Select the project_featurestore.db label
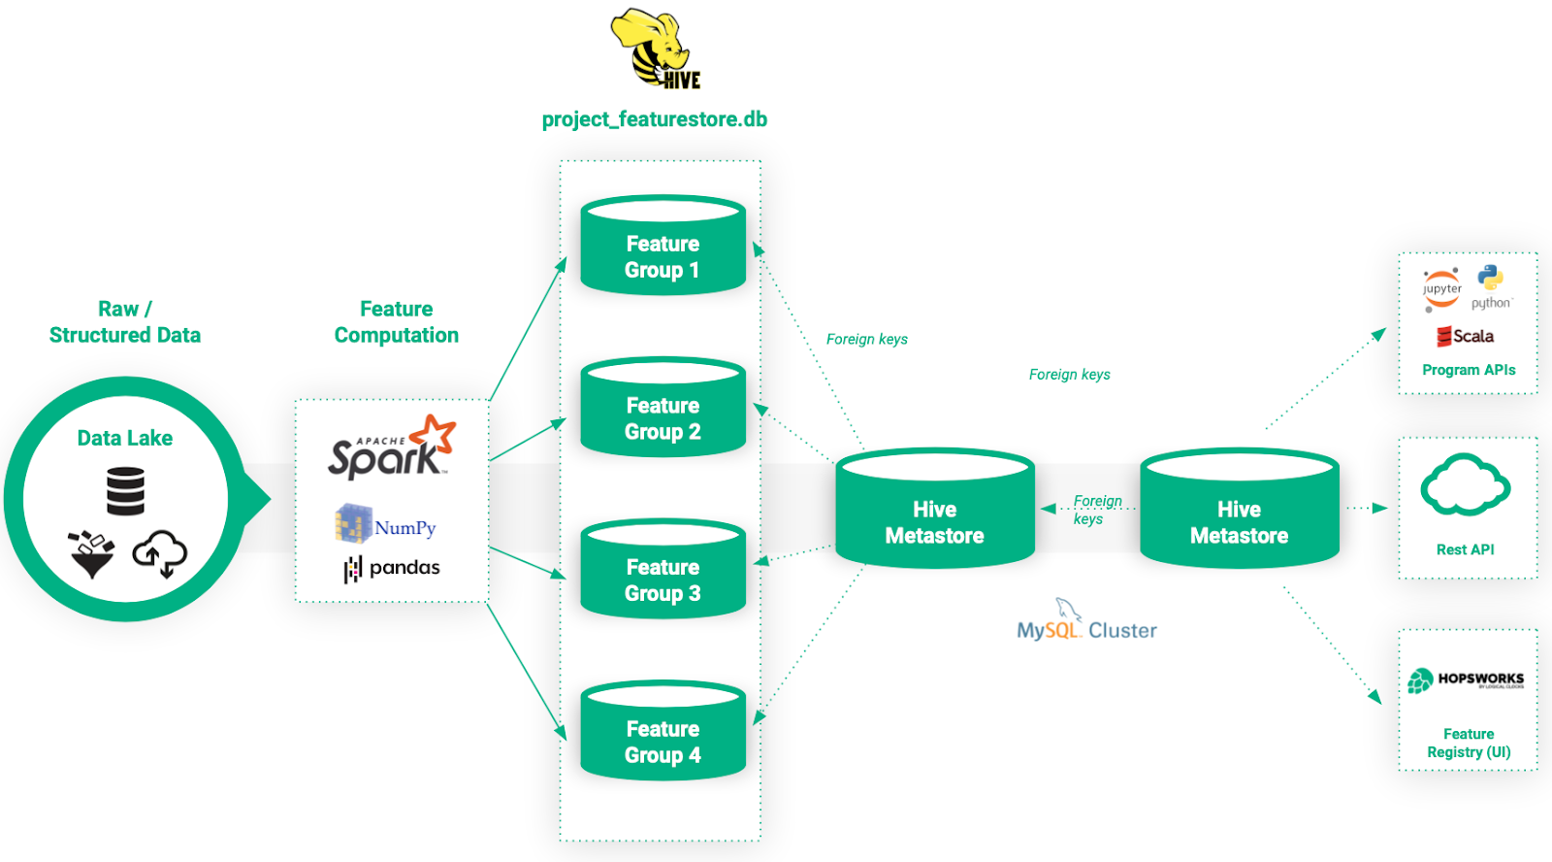655,119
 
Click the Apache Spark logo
392,448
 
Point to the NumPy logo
386,525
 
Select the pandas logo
392,568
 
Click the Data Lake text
125,438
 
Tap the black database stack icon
125,490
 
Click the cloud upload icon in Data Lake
160,553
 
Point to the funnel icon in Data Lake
91,554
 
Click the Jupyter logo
1442,289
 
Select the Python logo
1491,286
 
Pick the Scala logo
1466,336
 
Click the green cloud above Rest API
1465,484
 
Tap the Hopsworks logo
1466,680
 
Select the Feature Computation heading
396,321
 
